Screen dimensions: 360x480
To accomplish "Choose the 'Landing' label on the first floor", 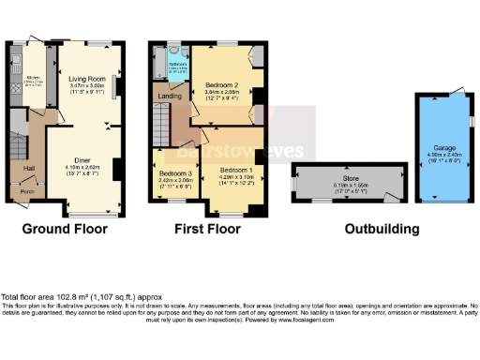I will (169, 96).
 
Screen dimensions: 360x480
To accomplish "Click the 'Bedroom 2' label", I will (222, 84).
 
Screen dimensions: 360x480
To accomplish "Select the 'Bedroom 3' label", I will (175, 174).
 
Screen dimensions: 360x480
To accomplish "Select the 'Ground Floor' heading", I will (65, 229).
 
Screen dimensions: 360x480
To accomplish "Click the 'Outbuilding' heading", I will (382, 229).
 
